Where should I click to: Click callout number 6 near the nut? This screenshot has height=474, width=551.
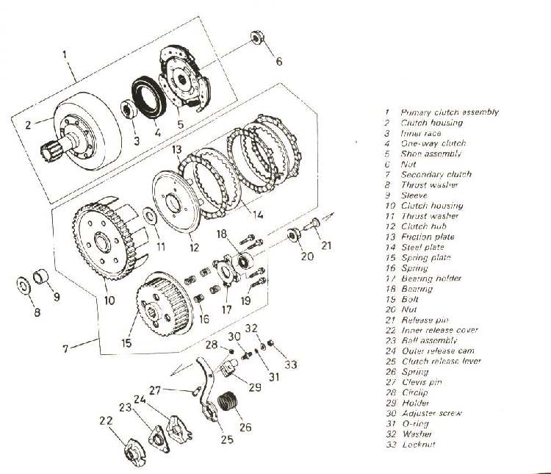[x=278, y=61]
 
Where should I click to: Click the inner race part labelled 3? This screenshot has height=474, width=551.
[x=126, y=112]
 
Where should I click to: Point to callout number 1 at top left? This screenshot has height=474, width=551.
[x=65, y=54]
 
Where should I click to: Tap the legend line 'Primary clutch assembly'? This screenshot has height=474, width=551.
[x=450, y=112]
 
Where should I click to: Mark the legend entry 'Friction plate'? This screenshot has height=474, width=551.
[x=428, y=237]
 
